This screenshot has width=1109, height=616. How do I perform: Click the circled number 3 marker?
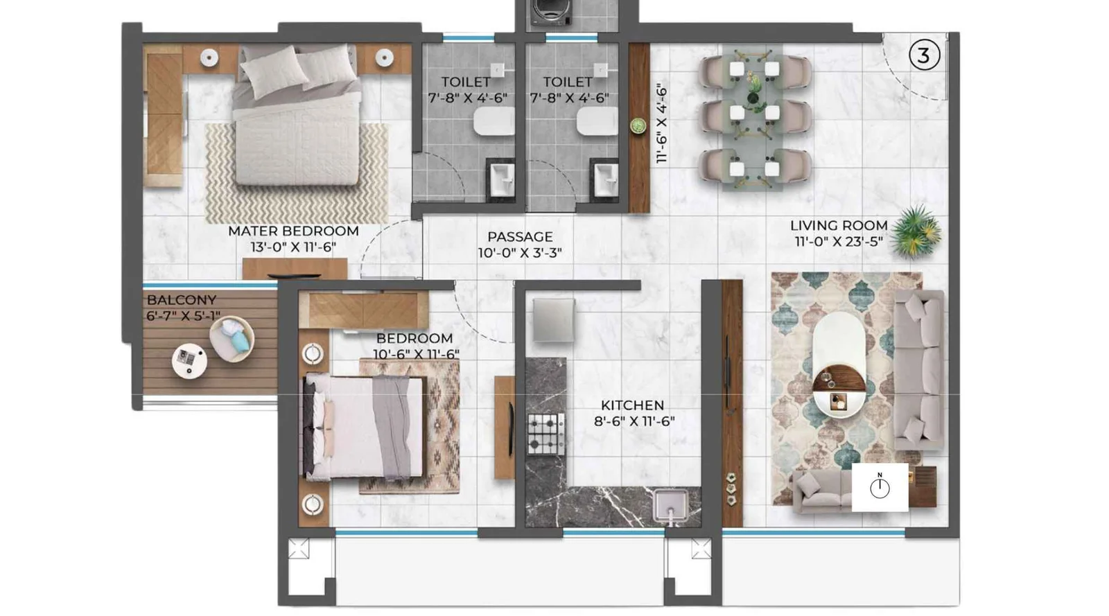[923, 55]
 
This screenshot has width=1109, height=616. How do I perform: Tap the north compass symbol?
[880, 487]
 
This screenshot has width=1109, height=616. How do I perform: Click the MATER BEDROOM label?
[293, 231]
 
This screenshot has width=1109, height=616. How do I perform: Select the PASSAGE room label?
[520, 237]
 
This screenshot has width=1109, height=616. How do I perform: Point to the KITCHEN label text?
[632, 405]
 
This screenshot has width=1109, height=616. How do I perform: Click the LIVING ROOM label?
[839, 225]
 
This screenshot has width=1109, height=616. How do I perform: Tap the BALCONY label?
[182, 300]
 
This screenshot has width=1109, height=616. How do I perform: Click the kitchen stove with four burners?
[546, 434]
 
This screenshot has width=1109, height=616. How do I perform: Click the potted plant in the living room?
[916, 231]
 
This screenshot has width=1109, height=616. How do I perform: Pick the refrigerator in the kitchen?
[553, 319]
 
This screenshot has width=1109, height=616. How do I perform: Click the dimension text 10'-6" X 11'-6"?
[416, 354]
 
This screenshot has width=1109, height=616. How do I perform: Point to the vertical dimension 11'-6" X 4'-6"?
[661, 123]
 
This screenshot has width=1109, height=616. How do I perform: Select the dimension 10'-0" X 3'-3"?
[520, 253]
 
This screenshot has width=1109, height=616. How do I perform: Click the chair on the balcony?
[232, 339]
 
